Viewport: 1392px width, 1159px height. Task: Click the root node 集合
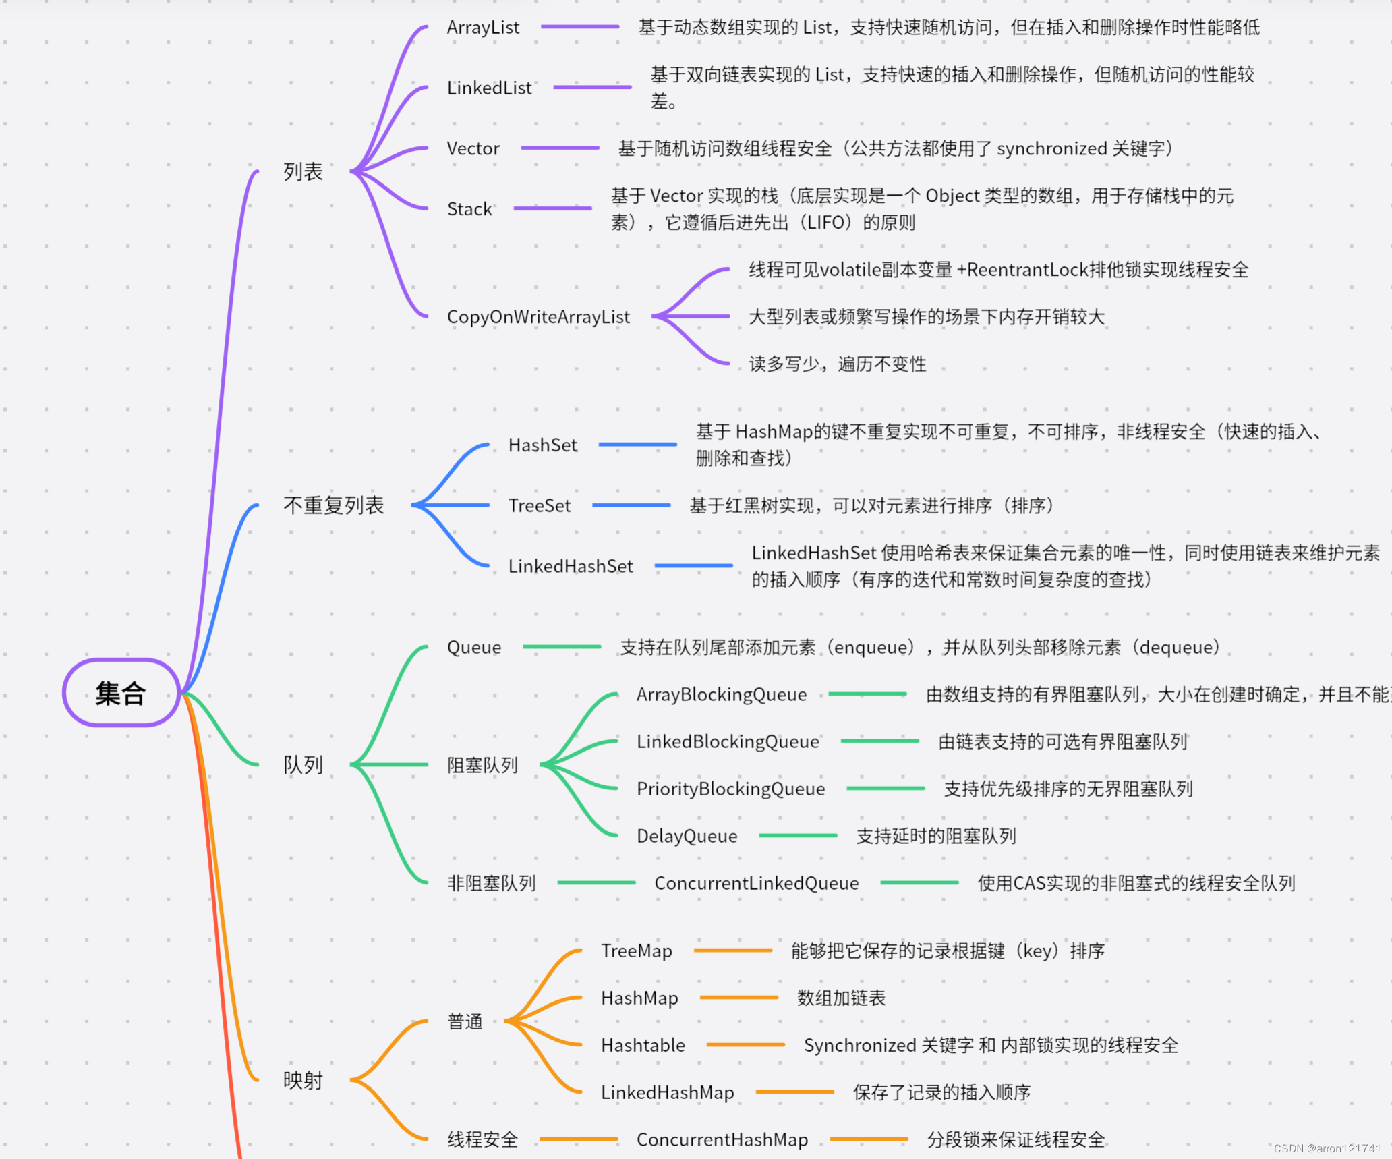click(121, 693)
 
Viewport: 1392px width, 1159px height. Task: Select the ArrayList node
click(483, 28)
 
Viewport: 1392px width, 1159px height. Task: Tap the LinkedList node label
click(489, 88)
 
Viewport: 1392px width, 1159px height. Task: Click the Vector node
click(473, 148)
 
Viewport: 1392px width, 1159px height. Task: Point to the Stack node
click(469, 209)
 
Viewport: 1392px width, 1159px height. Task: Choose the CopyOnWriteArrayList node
click(538, 317)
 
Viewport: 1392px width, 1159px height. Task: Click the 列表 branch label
click(303, 172)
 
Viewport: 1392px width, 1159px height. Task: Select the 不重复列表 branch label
click(333, 505)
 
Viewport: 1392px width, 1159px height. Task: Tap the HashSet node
click(542, 445)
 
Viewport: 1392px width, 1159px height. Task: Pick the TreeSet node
click(539, 506)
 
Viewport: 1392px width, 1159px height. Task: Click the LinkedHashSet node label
click(571, 567)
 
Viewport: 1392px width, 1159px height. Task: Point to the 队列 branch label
click(303, 765)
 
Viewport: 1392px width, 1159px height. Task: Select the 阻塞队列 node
click(482, 765)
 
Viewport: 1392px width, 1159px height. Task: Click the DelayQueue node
click(687, 837)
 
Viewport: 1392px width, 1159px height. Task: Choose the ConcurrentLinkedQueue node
click(756, 884)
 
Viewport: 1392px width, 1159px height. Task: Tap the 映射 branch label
click(303, 1081)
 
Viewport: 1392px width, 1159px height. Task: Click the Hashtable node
click(643, 1046)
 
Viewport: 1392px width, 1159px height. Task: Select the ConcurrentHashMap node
click(722, 1140)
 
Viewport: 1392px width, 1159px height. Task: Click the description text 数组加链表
click(841, 998)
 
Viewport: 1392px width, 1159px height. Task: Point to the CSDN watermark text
click(1327, 1148)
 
